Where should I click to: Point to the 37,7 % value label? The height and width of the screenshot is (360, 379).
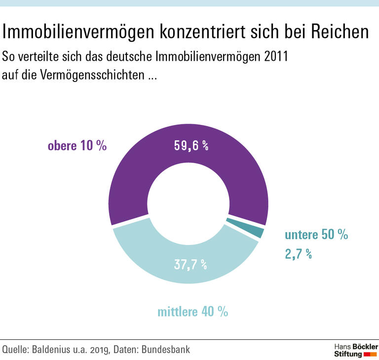[x=190, y=264]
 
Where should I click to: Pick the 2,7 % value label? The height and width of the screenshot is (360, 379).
[x=298, y=254]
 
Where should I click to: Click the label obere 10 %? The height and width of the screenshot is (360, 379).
[x=77, y=146]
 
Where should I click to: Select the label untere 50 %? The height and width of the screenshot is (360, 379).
[x=316, y=235]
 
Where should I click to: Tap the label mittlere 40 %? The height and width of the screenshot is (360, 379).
[x=192, y=312]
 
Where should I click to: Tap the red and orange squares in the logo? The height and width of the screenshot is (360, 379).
[x=370, y=354]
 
